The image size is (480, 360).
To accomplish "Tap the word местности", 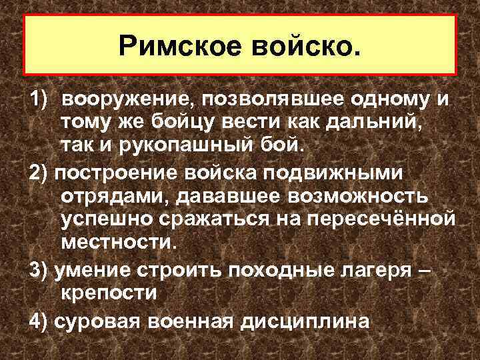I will pos(118,241).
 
